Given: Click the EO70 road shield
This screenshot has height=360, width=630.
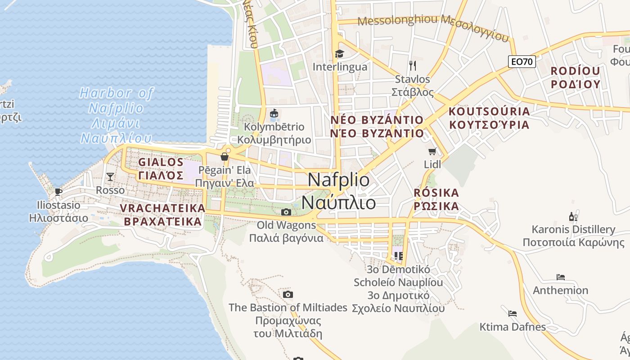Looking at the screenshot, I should (x=522, y=62).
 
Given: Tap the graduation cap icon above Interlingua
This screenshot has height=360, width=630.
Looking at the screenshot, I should (x=339, y=54).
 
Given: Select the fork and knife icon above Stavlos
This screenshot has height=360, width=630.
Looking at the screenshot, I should (x=412, y=66).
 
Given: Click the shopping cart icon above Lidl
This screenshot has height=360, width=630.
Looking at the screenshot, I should (x=432, y=151).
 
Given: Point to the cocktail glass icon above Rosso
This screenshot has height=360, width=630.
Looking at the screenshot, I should (x=110, y=176).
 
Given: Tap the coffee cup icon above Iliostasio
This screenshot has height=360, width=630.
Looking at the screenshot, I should (x=58, y=192).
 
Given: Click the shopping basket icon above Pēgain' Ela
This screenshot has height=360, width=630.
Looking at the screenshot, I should (x=225, y=157).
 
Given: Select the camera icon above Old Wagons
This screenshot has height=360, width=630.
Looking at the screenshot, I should (x=286, y=212).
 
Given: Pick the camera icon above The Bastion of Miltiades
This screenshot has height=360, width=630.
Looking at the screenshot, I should (x=288, y=295).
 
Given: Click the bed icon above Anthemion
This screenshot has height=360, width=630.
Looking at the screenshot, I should (x=560, y=277).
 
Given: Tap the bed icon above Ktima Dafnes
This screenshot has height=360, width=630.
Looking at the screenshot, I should (x=512, y=313).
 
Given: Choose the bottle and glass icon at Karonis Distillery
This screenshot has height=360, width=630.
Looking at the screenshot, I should (x=573, y=216).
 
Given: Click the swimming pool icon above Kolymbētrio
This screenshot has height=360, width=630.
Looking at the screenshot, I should (x=274, y=113).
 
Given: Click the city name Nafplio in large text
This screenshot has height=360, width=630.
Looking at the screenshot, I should (x=339, y=180).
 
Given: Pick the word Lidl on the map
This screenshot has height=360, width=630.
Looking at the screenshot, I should (x=432, y=165).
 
